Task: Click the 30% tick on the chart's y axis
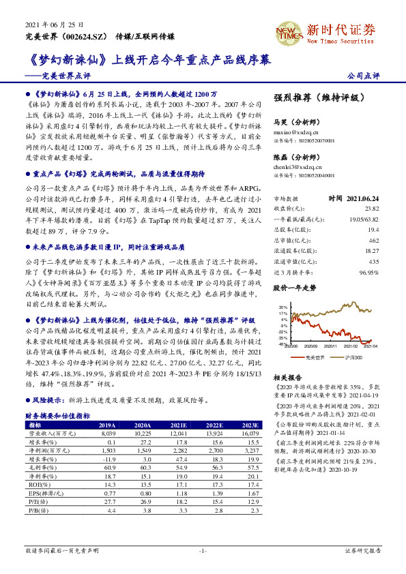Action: [x=282, y=307]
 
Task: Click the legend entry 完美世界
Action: [x=313, y=357]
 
